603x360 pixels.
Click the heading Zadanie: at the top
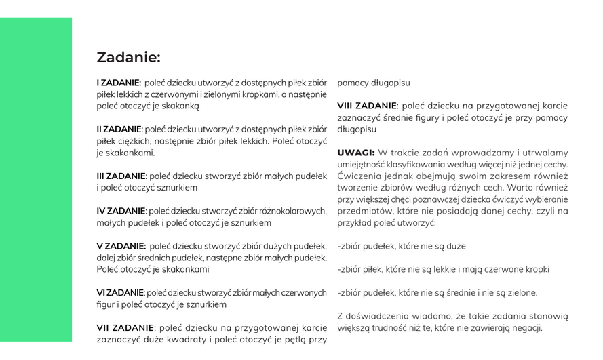[x=128, y=58]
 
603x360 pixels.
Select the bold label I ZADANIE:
[x=119, y=83]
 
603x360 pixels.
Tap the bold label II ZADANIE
[x=119, y=129]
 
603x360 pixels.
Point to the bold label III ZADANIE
[x=121, y=176]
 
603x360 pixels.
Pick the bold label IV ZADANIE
[x=121, y=211]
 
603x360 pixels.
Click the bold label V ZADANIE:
[x=121, y=246]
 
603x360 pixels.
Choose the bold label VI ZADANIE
[x=120, y=293]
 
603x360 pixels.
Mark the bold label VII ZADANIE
[x=125, y=328]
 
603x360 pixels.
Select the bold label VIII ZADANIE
[x=367, y=106]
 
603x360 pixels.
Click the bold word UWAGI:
[x=356, y=153]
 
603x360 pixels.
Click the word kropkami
[x=259, y=94]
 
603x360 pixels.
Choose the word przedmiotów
[x=364, y=211]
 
